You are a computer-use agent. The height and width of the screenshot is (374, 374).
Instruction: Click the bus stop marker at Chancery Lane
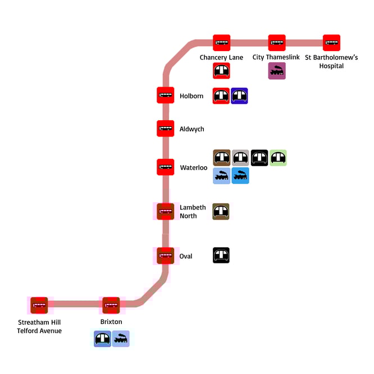(x=221, y=43)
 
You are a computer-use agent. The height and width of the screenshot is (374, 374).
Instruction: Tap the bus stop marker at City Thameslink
(x=277, y=43)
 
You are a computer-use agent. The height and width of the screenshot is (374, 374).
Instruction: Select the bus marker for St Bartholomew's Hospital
(x=331, y=43)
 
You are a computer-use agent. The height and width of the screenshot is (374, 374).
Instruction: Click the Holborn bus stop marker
(x=166, y=95)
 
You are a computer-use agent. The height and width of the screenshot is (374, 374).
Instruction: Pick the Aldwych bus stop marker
(x=166, y=129)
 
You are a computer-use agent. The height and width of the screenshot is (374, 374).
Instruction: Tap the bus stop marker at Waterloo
(x=166, y=167)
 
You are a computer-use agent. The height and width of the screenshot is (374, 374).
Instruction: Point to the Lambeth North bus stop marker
(x=166, y=211)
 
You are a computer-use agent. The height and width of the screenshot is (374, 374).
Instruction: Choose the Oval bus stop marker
(x=166, y=256)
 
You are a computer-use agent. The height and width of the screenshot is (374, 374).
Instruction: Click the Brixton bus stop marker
(x=111, y=305)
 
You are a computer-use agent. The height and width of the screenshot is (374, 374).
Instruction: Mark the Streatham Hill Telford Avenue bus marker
(x=39, y=305)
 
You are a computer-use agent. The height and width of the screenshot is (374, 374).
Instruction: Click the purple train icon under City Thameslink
(x=277, y=71)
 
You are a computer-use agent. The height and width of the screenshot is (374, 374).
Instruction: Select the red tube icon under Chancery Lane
(x=221, y=71)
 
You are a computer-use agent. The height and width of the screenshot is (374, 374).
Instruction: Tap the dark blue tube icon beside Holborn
(x=240, y=96)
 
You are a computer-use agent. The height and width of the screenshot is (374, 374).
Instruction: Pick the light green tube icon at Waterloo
(x=278, y=158)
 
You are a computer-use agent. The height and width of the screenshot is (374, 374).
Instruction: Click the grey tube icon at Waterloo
(x=240, y=158)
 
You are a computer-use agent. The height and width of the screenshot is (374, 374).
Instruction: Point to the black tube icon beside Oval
(x=221, y=256)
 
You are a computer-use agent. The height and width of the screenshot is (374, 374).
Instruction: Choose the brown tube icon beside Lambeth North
(x=221, y=212)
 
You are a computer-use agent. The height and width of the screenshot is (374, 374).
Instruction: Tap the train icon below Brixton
(x=121, y=339)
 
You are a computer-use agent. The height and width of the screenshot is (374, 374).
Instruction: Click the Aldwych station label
(x=191, y=129)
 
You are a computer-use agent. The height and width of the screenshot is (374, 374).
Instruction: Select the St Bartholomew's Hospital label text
(x=331, y=62)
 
